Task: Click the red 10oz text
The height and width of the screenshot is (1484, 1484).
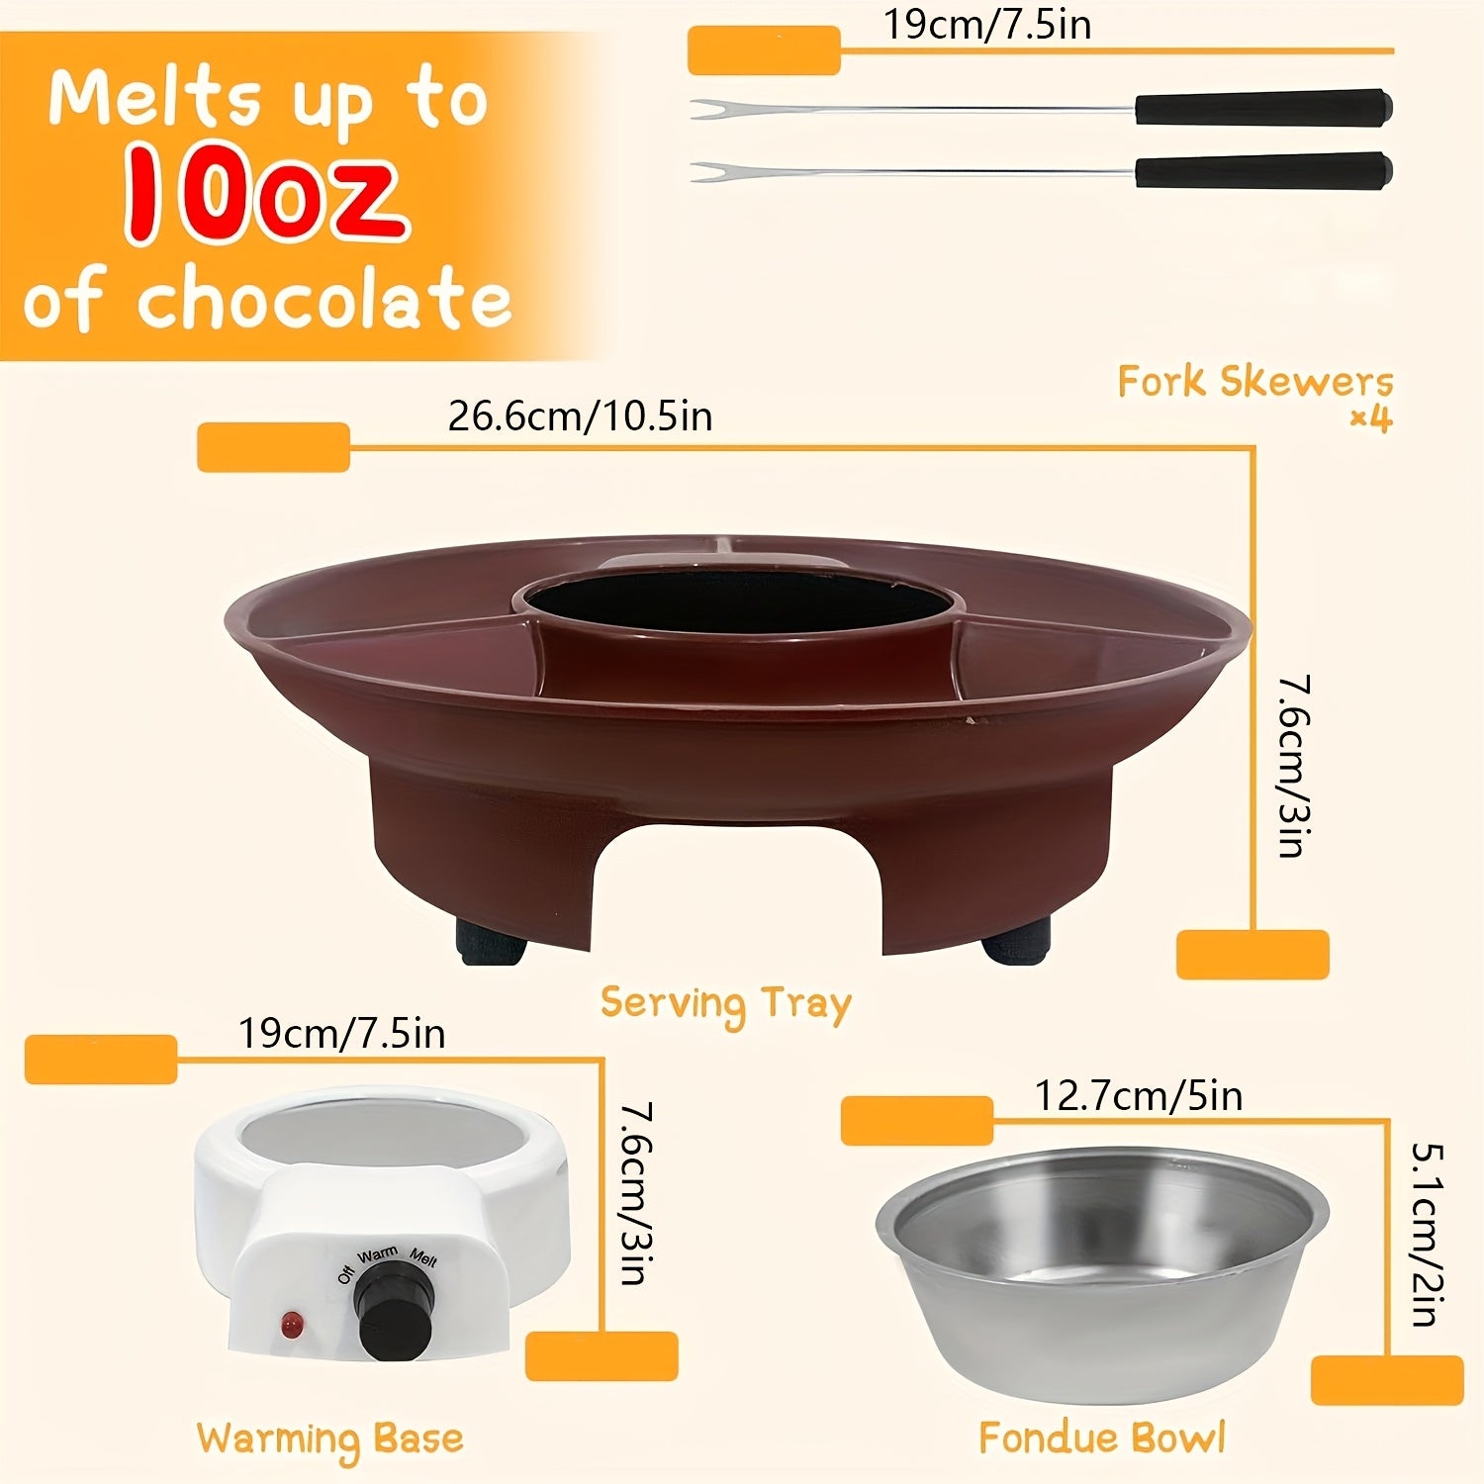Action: (x=265, y=194)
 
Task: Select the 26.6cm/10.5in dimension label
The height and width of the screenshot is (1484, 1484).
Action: (x=580, y=416)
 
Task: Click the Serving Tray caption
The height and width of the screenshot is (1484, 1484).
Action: (x=725, y=1005)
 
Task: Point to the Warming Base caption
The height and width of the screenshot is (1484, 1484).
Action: (x=329, y=1440)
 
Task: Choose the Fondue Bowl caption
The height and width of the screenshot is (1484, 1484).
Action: (x=1102, y=1438)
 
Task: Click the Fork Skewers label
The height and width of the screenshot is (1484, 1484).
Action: (x=1255, y=381)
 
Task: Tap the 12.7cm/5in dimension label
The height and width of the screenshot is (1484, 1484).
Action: (x=1138, y=1096)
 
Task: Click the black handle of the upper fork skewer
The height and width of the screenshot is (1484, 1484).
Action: (x=1263, y=107)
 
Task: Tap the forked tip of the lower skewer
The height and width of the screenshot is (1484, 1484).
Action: (x=704, y=172)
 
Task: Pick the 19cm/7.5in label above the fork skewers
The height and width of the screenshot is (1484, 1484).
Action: (x=987, y=25)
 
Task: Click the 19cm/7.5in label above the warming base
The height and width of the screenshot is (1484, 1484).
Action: (x=341, y=1034)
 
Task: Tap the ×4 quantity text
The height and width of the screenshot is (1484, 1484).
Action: (x=1371, y=419)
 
